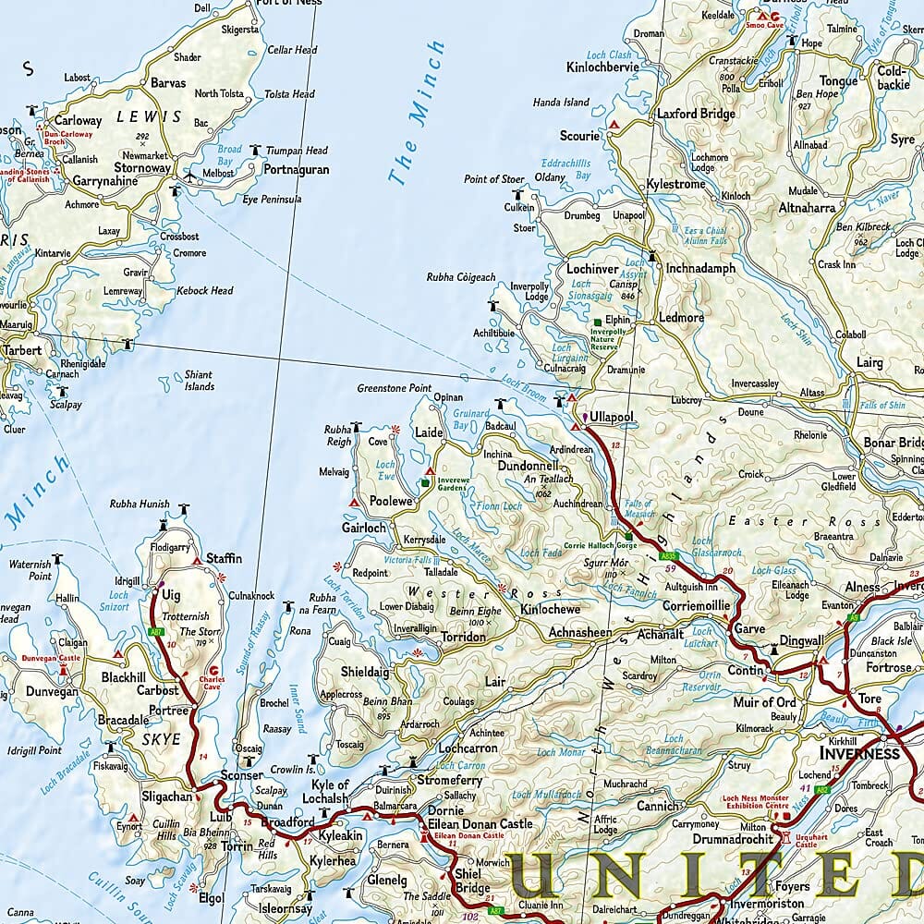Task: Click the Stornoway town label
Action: pos(143,168)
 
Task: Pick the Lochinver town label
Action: pos(592,269)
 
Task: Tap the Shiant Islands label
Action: pos(198,381)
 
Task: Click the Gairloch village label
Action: pos(364,527)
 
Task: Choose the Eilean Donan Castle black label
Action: pos(478,823)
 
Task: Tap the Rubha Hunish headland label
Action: pos(140,504)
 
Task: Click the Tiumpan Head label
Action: pos(297,151)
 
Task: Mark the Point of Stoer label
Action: pos(494,179)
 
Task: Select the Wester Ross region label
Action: pos(450,592)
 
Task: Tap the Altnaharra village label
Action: pos(807,208)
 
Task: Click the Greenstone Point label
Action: pos(395,388)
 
